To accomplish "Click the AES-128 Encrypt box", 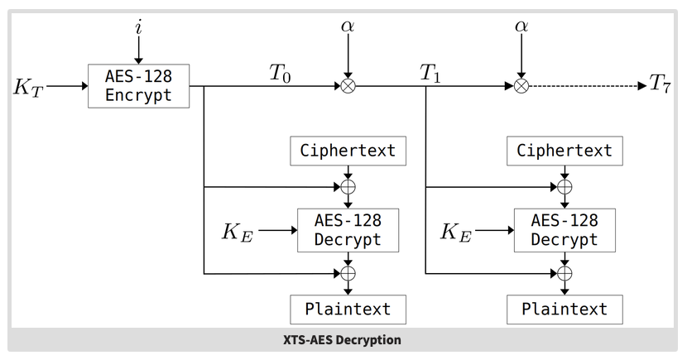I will click(x=138, y=85).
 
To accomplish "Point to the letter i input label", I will click(x=138, y=26).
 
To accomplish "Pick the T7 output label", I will click(x=660, y=84).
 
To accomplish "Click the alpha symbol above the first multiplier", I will click(x=348, y=26).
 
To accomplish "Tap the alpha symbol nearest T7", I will click(x=521, y=26).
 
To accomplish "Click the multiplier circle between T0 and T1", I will click(x=348, y=85).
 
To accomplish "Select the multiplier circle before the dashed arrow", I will click(x=521, y=85).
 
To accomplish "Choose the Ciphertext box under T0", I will click(x=348, y=151).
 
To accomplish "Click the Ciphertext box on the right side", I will click(x=564, y=151).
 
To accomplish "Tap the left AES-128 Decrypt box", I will click(x=348, y=230).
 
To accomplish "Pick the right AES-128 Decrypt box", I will click(x=564, y=230).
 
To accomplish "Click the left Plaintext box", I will click(x=348, y=310).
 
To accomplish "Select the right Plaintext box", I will click(x=564, y=310).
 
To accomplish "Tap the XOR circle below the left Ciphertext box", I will click(x=348, y=187).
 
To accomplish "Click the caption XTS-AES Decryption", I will click(x=343, y=340).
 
